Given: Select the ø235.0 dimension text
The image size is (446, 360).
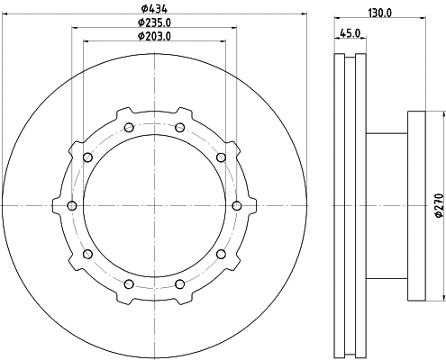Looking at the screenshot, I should coord(154,22).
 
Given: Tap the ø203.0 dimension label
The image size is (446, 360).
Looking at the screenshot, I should coord(154,36).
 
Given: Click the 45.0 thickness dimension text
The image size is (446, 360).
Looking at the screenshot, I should coord(350,33).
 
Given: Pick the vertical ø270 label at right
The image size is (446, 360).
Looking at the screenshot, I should coord(439,205).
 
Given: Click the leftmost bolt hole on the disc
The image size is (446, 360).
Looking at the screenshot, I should coord(71,206).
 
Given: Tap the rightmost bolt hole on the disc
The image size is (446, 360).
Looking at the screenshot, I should coord(237,206).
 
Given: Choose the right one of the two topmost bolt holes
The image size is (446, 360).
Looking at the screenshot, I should coord(179,127).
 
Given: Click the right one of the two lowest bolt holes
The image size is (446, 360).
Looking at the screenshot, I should coord(179,285).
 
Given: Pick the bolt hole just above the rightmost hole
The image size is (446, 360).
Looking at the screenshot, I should coord(221,157).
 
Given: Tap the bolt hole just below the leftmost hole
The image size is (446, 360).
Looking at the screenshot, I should coord(87,255).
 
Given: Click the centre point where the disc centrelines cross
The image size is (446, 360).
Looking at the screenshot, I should coord(154,206).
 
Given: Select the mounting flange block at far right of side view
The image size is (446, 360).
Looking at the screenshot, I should coord(416,206).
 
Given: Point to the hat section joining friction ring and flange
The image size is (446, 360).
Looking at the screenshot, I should coord(386,206).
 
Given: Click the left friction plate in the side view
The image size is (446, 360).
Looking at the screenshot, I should coord(339,206).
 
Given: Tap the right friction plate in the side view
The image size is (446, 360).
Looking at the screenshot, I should coord(360,206).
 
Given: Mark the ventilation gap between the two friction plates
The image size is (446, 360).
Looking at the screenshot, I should coord(350,206).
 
